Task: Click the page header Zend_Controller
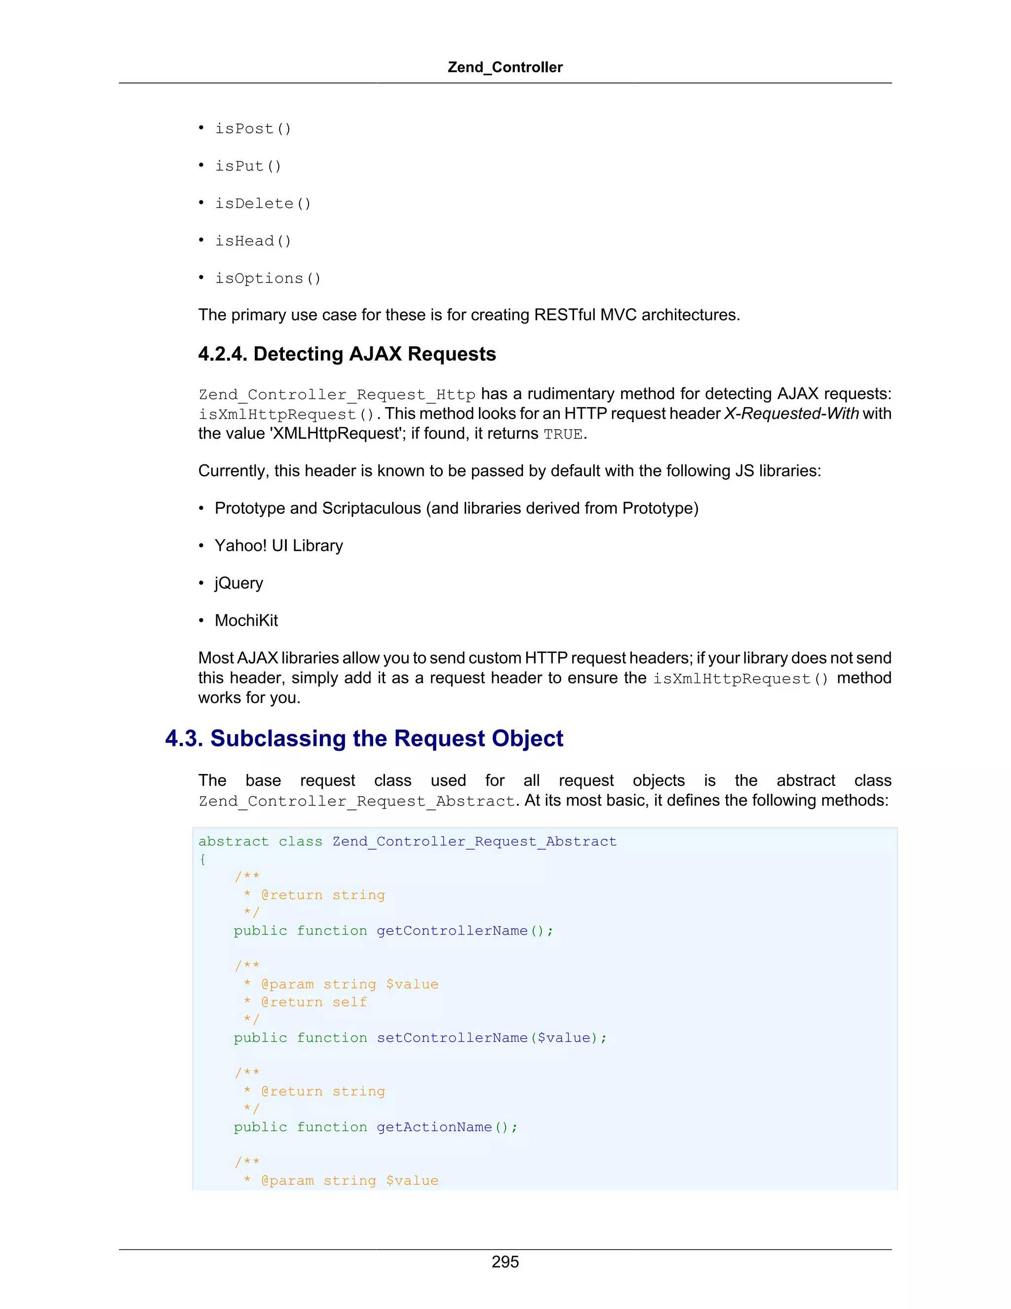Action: pos(505,67)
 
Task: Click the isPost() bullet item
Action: pos(253,129)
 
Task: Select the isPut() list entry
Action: pos(248,166)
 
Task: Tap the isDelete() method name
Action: pos(263,204)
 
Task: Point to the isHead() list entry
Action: pos(253,241)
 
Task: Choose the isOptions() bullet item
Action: pos(268,279)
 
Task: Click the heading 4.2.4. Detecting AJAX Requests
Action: pos(347,354)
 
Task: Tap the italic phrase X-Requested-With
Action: pos(791,413)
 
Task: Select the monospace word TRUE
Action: pos(562,434)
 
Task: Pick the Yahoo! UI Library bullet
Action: pos(278,545)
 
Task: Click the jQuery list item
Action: pos(238,583)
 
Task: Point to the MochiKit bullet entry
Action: pos(246,620)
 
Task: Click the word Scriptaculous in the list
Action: pos(371,508)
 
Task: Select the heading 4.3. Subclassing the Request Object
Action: pos(364,738)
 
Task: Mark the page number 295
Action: pos(505,1262)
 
